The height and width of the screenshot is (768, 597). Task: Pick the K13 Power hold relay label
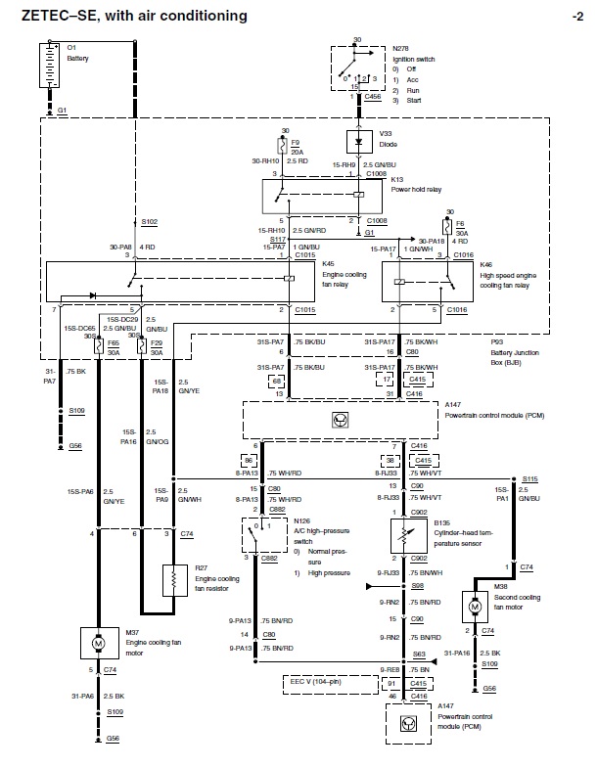tap(412, 185)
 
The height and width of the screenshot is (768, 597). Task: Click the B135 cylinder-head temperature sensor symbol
tap(401, 532)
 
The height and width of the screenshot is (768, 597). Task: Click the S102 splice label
tap(149, 222)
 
